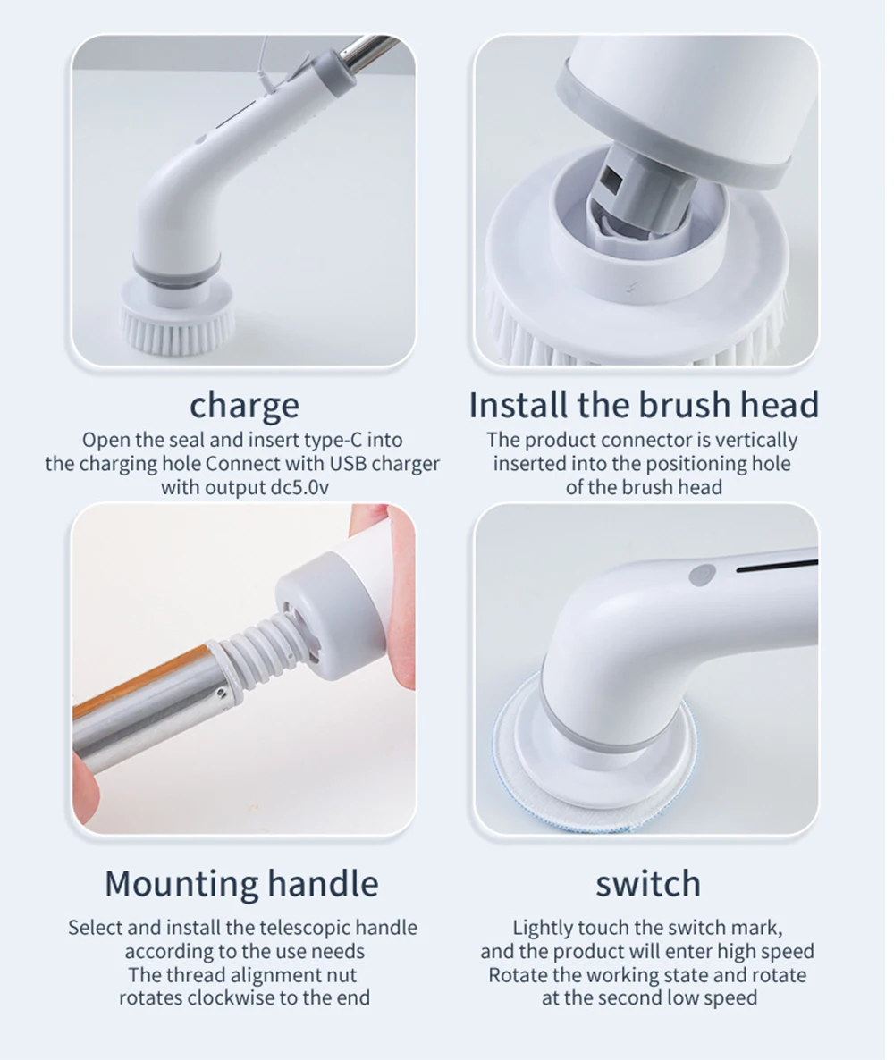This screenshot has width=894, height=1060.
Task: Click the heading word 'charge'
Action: (x=244, y=406)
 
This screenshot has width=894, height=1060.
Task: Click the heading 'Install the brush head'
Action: (x=644, y=404)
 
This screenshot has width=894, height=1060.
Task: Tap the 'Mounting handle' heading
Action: (x=241, y=883)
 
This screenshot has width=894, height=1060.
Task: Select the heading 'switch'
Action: (x=648, y=884)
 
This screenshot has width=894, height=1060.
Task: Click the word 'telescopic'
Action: (x=305, y=928)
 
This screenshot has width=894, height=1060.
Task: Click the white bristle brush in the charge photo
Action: (x=178, y=318)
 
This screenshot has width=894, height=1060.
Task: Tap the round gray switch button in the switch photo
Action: (x=703, y=575)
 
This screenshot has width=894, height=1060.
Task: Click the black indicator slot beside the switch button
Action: (x=776, y=566)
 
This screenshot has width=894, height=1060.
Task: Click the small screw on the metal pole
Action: (x=221, y=693)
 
